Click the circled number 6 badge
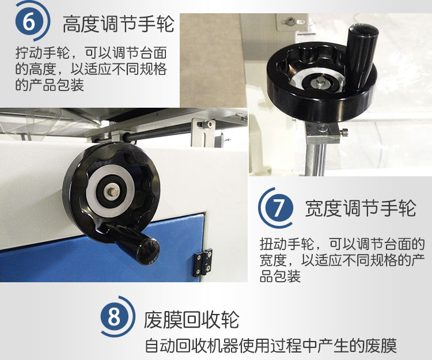pyautogui.click(x=29, y=22)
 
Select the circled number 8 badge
pyautogui.click(x=114, y=316)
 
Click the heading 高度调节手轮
pyautogui.click(x=119, y=24)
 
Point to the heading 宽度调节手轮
pyautogui.click(x=361, y=208)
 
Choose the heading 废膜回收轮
pyautogui.click(x=191, y=320)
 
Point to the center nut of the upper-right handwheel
pyautogui.click(x=320, y=82)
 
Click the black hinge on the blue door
pyautogui.click(x=203, y=263)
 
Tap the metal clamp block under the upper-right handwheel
pyautogui.click(x=323, y=132)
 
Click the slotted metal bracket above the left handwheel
pyautogui.click(x=203, y=132)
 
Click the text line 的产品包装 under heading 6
pyautogui.click(x=50, y=85)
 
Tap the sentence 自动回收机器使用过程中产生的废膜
pyautogui.click(x=271, y=346)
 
